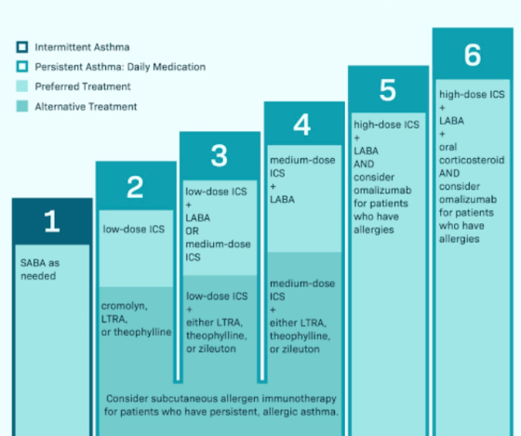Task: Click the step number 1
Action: coord(52,221)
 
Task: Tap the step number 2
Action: coord(135,187)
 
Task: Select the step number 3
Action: coord(220,155)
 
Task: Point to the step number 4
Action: coord(302,125)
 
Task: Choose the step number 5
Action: coord(388,89)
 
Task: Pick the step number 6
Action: coord(473,55)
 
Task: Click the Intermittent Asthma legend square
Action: coord(22,47)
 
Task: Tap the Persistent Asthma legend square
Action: coord(22,67)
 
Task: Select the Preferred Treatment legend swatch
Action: coord(22,86)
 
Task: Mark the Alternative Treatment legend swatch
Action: coord(22,106)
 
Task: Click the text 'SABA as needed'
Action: coord(40,270)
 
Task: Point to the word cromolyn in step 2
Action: coord(125,306)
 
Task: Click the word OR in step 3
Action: coord(192,231)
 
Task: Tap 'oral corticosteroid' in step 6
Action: coord(472,153)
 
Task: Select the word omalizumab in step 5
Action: coord(382,191)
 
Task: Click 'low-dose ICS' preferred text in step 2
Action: coord(134,229)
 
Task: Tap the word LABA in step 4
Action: coord(282,200)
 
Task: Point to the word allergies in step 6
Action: coord(460,239)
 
